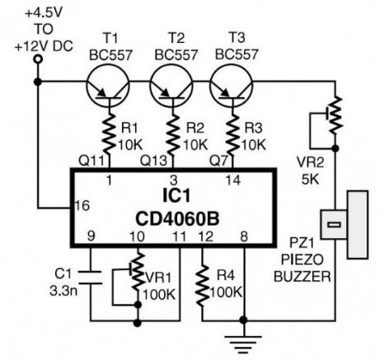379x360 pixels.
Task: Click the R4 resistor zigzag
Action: [x=200, y=285]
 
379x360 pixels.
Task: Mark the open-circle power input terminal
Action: [x=36, y=81]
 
